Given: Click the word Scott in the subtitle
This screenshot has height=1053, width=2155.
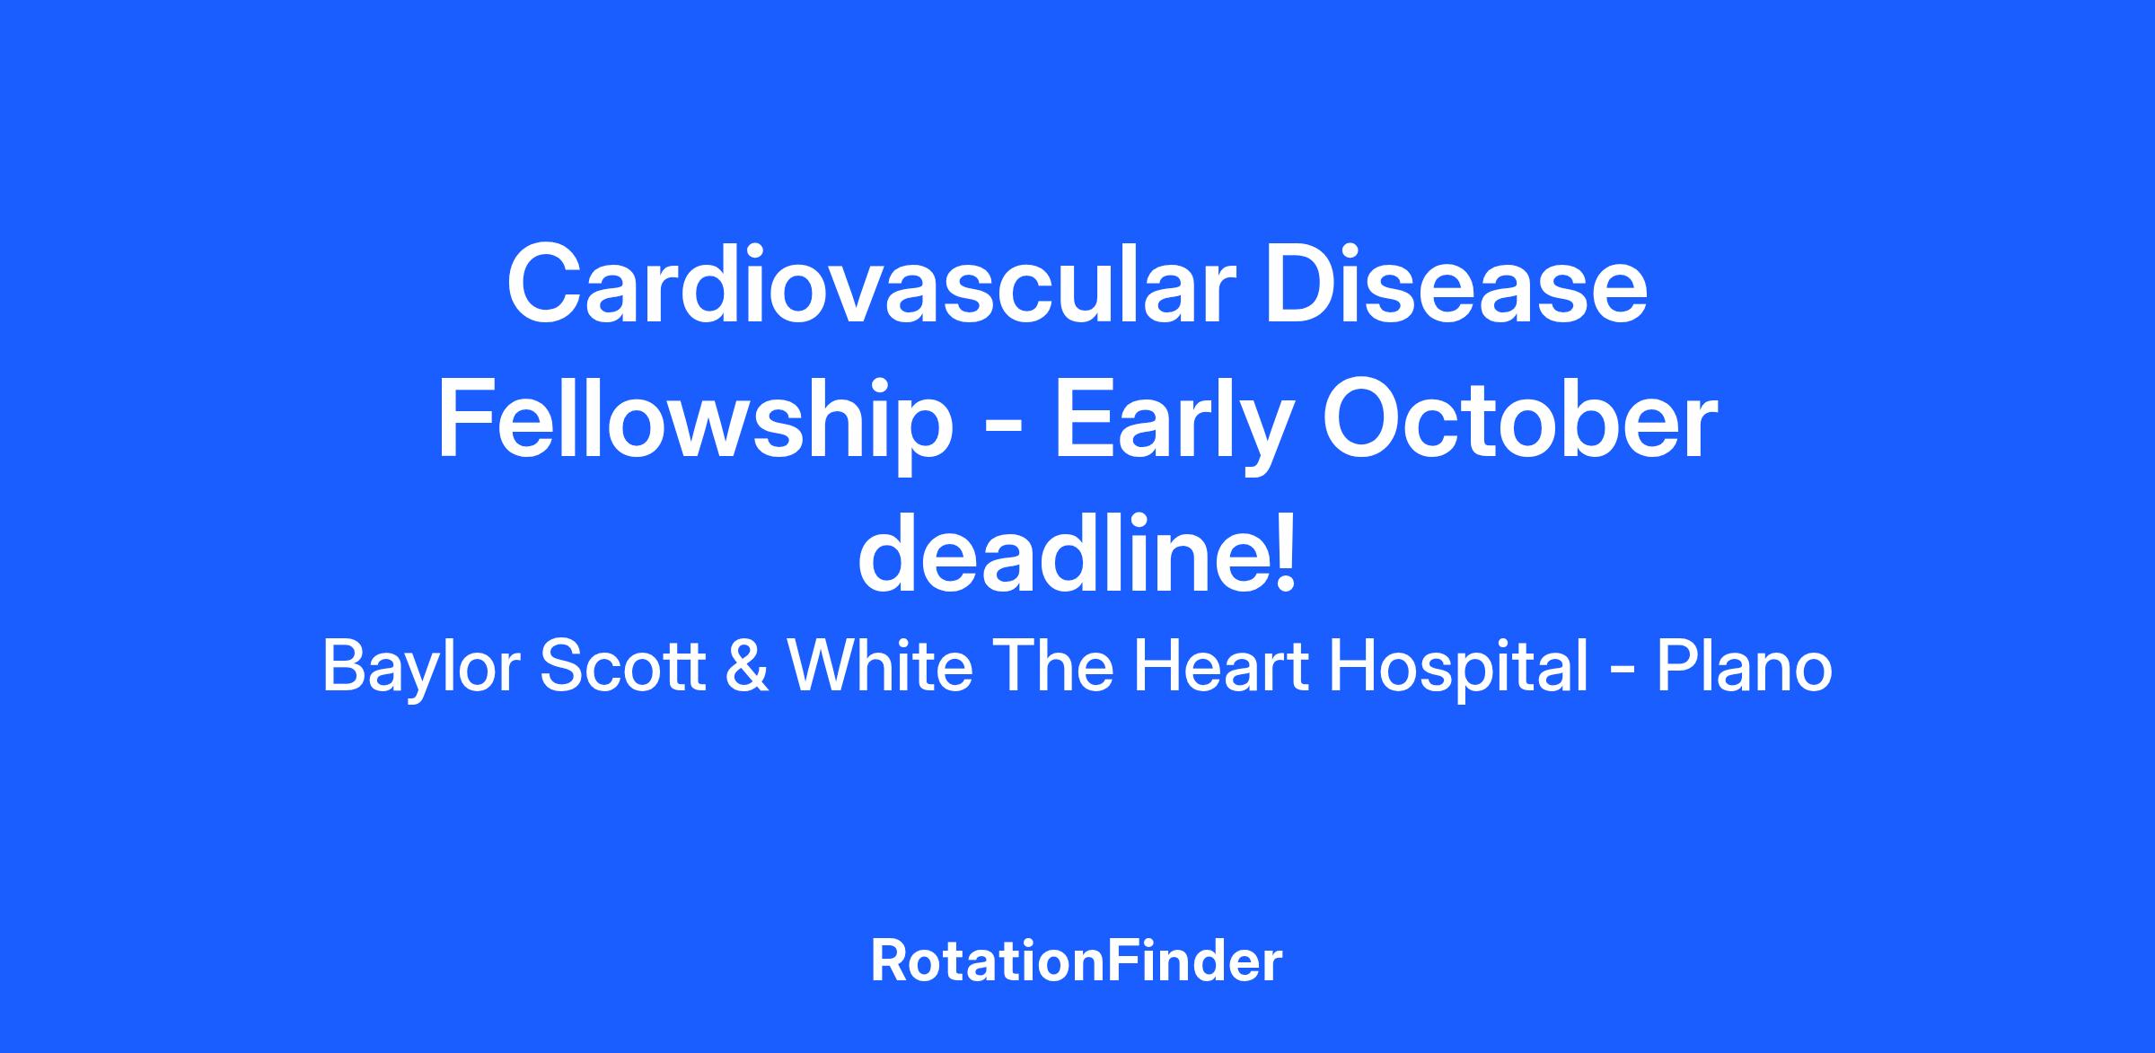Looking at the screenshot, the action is pos(623,668).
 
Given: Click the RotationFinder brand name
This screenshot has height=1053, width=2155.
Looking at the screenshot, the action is pos(1077,961).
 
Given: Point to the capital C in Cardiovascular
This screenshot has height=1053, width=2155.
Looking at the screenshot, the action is pos(544,285).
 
